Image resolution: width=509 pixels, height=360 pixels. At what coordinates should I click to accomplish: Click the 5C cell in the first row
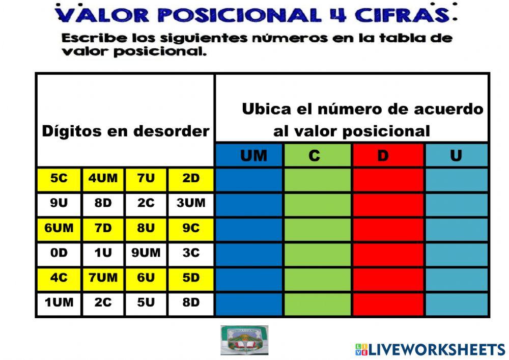59,179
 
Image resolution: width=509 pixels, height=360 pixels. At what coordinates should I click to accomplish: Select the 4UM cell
103,179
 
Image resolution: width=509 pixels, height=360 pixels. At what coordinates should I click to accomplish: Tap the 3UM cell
191,204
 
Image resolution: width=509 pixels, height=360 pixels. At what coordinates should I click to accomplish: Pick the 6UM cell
59,229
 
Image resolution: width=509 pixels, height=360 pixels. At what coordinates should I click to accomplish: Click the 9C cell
191,229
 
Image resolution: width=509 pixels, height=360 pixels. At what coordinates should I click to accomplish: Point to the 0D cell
59,253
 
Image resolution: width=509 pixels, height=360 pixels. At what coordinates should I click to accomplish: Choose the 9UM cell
146,253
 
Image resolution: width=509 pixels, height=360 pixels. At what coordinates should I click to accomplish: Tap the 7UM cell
103,278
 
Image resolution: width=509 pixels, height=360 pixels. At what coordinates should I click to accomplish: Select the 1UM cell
59,303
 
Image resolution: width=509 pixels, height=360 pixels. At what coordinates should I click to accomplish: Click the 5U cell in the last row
146,303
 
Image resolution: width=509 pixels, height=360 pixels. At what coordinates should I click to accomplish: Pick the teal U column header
456,155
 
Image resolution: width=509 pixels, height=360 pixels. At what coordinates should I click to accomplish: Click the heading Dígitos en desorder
125,131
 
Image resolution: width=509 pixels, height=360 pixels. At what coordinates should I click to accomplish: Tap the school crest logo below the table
244,340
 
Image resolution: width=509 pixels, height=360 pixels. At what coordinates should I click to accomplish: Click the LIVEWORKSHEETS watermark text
437,349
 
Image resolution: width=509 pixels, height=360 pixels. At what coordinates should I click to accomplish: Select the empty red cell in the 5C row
388,179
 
